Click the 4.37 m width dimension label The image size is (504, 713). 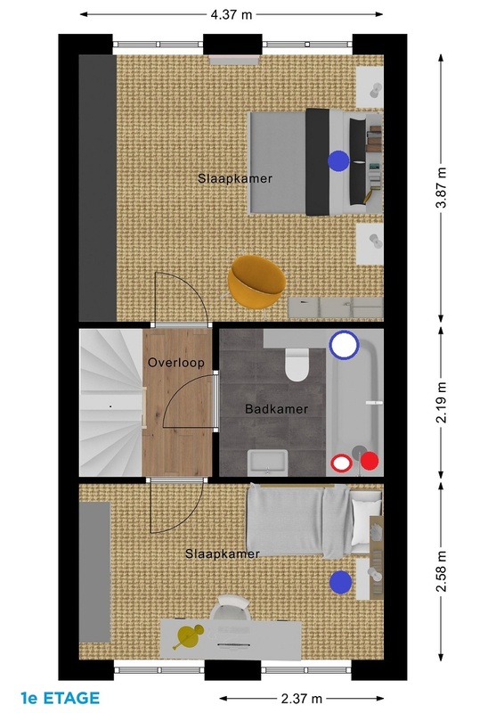[231, 14]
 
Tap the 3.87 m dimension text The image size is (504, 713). [442, 187]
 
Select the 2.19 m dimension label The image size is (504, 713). [442, 403]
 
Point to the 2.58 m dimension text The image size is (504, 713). [442, 571]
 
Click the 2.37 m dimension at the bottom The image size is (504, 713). [301, 699]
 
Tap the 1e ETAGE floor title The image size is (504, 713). [60, 698]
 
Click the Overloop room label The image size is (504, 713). [176, 363]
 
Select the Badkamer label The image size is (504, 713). [276, 409]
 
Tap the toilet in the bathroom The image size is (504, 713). [297, 364]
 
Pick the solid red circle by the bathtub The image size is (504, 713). [370, 461]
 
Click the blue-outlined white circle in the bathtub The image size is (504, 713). [344, 345]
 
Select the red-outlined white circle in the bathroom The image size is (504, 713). [341, 463]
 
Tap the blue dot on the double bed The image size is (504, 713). [338, 161]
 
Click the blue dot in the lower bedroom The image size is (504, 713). [340, 583]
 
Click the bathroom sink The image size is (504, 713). [268, 463]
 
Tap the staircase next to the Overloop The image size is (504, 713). [111, 403]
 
